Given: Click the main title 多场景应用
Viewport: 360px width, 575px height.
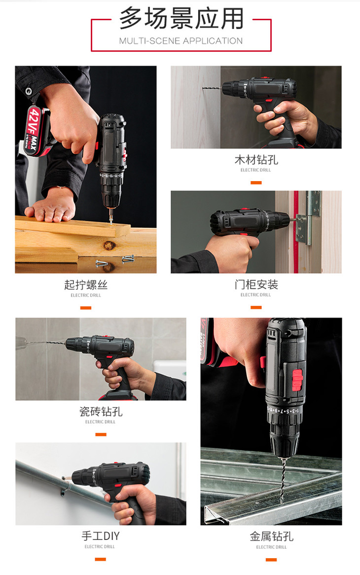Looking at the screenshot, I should [x=181, y=19].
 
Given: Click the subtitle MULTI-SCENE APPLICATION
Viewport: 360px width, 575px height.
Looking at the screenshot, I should [x=181, y=41].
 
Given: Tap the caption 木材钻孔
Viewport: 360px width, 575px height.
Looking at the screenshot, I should [x=256, y=160].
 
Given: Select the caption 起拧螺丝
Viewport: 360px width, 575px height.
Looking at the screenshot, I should [x=86, y=285].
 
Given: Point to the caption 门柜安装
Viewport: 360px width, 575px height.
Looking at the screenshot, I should [x=256, y=285].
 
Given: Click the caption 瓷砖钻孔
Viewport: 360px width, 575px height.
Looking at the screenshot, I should [x=101, y=412].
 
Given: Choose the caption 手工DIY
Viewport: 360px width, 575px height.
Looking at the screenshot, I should [x=101, y=536].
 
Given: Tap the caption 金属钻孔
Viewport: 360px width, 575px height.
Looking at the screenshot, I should [x=271, y=537].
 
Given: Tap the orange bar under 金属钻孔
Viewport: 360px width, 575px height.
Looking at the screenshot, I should [x=271, y=560].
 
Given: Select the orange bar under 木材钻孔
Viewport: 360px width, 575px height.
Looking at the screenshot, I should [x=256, y=183].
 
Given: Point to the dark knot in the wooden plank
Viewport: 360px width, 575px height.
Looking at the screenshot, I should [x=108, y=246].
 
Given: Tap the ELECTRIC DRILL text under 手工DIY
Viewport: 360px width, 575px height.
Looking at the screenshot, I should [x=101, y=547].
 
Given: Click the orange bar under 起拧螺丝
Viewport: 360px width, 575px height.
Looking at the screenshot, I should [x=86, y=308].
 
